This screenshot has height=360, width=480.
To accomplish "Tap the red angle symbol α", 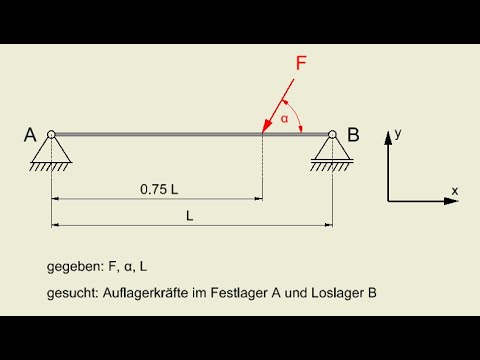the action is pyautogui.click(x=284, y=118).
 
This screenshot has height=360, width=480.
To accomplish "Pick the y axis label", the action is pyautogui.click(x=398, y=132).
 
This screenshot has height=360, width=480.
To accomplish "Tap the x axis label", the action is pyautogui.click(x=454, y=189).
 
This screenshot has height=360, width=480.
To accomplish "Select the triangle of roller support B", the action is pyautogui.click(x=330, y=148).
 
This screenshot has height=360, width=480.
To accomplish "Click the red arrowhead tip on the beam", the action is pyautogui.click(x=264, y=130).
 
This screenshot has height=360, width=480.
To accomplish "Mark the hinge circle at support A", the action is pyautogui.click(x=51, y=134).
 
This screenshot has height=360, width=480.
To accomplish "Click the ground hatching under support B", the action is pyautogui.click(x=330, y=167).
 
